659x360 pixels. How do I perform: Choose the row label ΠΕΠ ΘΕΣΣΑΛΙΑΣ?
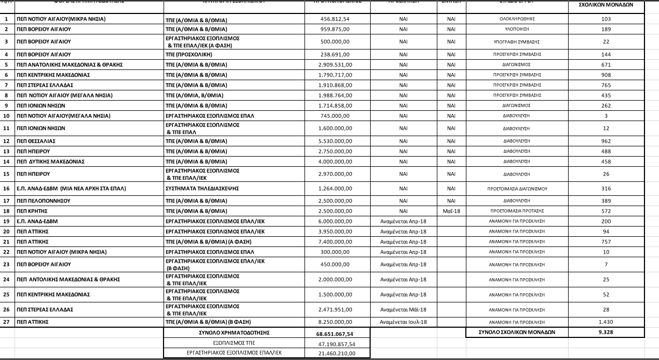pos(36,141)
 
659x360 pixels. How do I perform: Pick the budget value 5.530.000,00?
pos(335,141)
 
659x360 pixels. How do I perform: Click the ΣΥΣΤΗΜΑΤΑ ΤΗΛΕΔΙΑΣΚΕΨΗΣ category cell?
pos(202,188)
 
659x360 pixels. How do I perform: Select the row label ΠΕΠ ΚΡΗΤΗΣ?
pos(32,211)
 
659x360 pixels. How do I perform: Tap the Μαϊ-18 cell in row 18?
pos(451,211)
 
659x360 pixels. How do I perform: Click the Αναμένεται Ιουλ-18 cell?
pos(403,322)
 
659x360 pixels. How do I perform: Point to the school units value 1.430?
pos(606,322)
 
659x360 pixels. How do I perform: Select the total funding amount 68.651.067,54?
pos(335,333)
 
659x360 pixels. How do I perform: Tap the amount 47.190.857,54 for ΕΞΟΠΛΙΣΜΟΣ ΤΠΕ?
pos(335,343)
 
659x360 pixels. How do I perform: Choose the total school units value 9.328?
pos(606,333)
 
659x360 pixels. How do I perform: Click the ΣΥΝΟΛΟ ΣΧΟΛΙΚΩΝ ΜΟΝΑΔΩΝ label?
pos(516,333)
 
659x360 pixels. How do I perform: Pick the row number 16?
pos(6,188)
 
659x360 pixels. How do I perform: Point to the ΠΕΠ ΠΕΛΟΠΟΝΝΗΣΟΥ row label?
pos(44,201)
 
